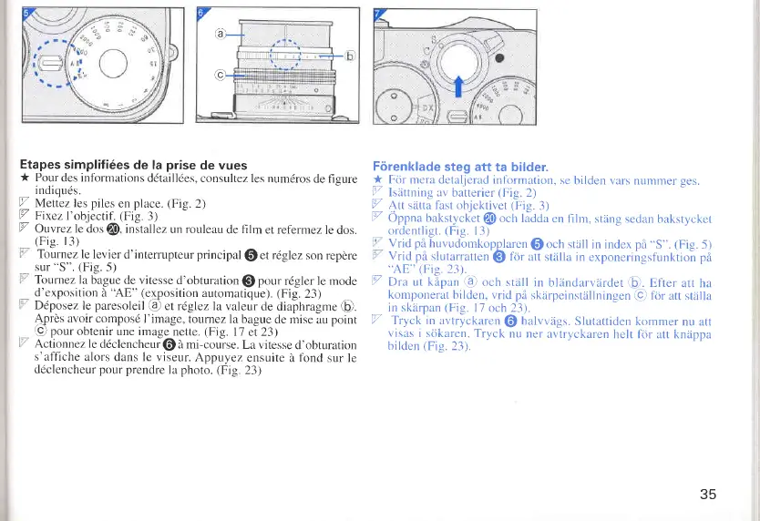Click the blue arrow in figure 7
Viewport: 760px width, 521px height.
pyautogui.click(x=458, y=90)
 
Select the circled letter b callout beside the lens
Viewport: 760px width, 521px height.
pyautogui.click(x=352, y=54)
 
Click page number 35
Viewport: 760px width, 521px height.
pyautogui.click(x=708, y=494)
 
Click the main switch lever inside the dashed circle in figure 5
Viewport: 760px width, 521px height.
pyautogui.click(x=51, y=61)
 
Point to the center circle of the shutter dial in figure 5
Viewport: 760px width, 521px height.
pyautogui.click(x=113, y=65)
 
